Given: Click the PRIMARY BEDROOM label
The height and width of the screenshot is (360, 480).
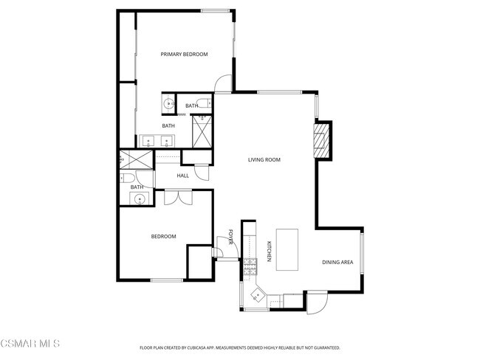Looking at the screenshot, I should point(185,54).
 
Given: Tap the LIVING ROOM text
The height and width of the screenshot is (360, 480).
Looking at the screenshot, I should point(264,159).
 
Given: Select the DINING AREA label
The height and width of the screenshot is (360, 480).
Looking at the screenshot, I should point(337,263).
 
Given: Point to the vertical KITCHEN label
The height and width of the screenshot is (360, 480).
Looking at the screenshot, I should point(269,252).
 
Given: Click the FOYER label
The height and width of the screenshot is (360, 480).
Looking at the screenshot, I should point(231,237).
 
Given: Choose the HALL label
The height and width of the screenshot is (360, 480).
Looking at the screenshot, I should point(183,176).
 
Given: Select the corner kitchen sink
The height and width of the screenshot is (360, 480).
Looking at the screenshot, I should point(256,295).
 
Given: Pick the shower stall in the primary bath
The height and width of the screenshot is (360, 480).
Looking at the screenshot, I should point(202,132).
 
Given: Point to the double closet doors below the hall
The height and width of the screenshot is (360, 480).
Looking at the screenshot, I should point(178,197).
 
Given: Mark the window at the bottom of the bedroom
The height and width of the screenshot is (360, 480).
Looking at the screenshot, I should point(166,280).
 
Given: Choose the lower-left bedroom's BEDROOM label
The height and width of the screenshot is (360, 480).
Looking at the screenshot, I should point(163,236).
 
